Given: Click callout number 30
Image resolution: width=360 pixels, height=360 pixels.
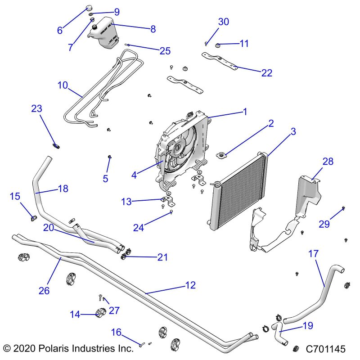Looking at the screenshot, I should coord(224,22).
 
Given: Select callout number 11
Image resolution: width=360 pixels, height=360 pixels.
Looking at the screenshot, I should coord(244,44).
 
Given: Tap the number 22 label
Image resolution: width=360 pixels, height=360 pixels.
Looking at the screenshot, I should coord(267,72).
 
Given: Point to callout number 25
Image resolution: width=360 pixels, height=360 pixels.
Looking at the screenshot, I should coord(166,51).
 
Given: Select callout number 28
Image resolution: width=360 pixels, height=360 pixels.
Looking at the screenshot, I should coord(328,162).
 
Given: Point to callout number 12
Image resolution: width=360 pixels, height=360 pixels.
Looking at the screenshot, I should coord(190,285).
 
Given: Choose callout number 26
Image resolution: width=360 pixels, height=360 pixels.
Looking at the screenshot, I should coord(44,291).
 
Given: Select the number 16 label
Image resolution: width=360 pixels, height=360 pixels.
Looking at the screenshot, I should coord(116,333).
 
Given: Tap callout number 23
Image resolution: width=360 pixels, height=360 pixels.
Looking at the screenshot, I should coord(36,108).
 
